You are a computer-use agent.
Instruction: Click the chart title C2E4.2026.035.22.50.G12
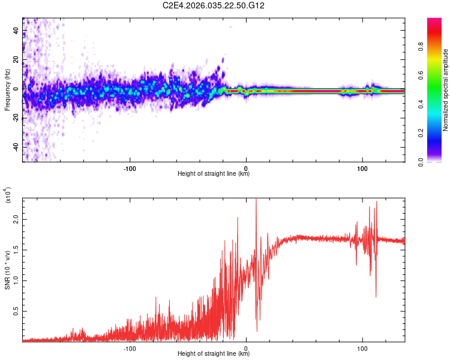[x=214, y=5]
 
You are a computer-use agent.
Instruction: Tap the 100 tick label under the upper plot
[x=362, y=167]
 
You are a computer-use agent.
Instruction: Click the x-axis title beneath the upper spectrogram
[x=214, y=174]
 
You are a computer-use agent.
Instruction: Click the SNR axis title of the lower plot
[x=7, y=270]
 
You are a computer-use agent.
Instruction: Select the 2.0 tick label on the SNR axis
[x=16, y=220]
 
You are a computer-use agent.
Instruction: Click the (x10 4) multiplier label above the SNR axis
[x=8, y=196]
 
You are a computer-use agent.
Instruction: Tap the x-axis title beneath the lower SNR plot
[x=214, y=354]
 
